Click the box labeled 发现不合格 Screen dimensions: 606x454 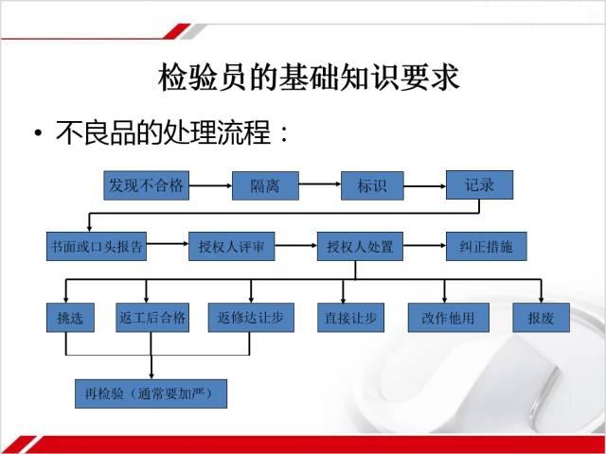tap(147, 185)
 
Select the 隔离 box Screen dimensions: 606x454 tap(265, 185)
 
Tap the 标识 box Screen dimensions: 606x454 tap(372, 185)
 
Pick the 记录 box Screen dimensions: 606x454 tap(480, 185)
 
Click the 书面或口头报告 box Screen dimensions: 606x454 tap(97, 246)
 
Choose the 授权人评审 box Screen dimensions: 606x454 tap(231, 246)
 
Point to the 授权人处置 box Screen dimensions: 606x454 tap(360, 246)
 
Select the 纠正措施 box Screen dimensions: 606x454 tap(486, 246)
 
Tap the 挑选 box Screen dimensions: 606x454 tap(70, 318)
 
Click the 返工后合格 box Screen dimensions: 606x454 tap(152, 318)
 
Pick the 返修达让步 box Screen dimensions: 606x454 tap(251, 318)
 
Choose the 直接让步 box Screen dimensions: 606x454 tap(351, 318)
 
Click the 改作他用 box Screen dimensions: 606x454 tap(449, 318)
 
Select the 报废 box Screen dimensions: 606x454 tap(541, 318)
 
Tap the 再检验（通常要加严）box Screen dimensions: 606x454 tap(151, 393)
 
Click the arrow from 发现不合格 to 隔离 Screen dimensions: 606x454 tap(210, 185)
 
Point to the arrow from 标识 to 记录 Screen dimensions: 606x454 tap(425, 186)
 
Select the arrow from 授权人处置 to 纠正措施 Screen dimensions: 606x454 tap(425, 246)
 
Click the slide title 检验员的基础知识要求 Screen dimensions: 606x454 tap(309, 78)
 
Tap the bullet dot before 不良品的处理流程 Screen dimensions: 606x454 tap(38, 133)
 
